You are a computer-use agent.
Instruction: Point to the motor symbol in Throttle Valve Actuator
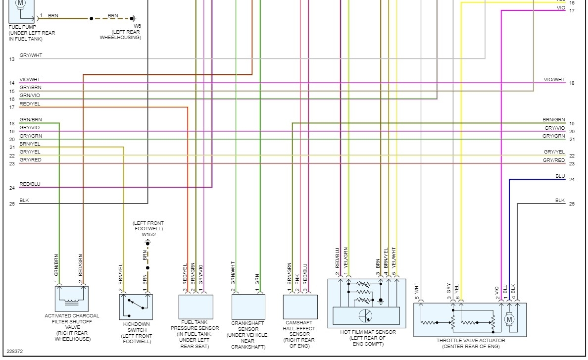509,319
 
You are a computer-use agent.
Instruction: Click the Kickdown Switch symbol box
136,307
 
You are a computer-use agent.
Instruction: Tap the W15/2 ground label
147,234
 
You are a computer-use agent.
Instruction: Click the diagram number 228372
15,352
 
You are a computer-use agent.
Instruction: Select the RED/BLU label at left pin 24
30,184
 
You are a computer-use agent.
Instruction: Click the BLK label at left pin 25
24,200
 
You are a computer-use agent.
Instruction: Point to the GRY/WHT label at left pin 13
31,55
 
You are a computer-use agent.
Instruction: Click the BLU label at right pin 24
560,176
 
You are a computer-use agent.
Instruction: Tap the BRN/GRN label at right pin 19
553,120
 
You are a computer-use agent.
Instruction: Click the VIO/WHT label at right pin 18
554,80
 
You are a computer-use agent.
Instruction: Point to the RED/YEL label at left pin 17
30,104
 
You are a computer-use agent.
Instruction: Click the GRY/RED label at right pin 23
553,160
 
